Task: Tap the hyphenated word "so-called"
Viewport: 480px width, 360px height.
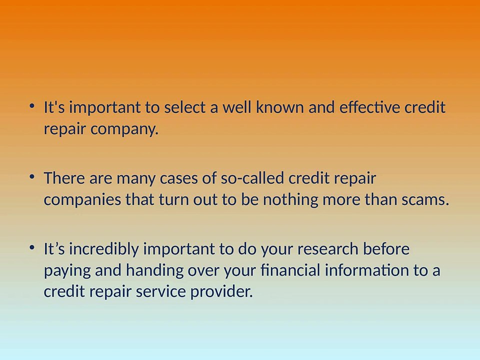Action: point(252,178)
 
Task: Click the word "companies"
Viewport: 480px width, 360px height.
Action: point(82,200)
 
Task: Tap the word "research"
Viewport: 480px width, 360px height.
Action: point(328,249)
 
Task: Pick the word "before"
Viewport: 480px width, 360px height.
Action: point(386,249)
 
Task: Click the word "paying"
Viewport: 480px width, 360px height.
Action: point(67,271)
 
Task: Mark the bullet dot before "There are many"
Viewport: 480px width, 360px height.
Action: point(31,176)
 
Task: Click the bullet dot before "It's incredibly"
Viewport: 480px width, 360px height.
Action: point(31,247)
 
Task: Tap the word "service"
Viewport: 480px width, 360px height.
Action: point(160,291)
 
